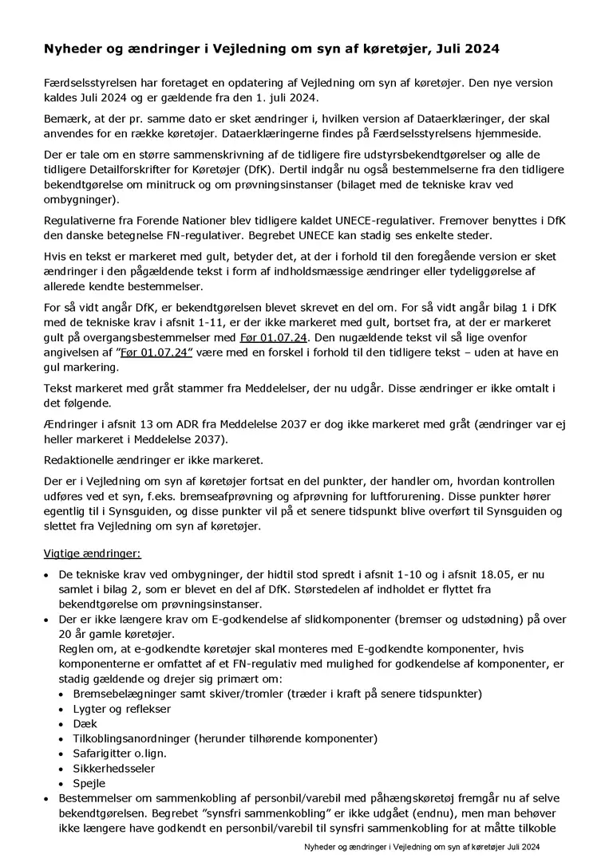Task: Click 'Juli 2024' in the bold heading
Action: [x=469, y=49]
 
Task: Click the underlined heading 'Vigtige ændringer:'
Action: [x=93, y=553]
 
